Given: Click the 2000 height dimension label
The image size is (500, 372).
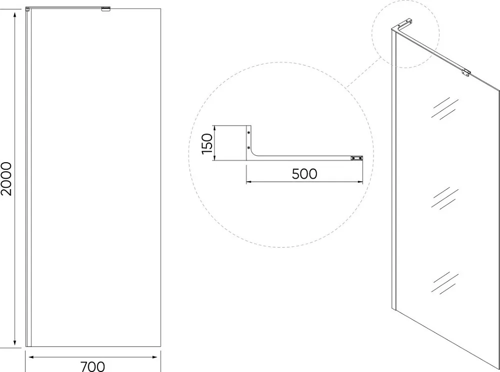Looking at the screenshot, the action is [x=6, y=179].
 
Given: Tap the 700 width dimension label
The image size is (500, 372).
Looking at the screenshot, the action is [x=92, y=366].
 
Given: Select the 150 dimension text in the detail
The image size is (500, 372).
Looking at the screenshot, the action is [x=207, y=144].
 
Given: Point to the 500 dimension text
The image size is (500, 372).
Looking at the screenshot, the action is [x=304, y=174].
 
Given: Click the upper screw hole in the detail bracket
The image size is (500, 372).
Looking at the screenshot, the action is [x=248, y=132].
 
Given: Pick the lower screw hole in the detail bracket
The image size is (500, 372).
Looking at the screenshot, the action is [x=248, y=148].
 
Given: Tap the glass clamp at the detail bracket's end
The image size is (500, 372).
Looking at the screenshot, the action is [x=357, y=158].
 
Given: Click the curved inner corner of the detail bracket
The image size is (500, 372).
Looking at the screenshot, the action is [x=254, y=153].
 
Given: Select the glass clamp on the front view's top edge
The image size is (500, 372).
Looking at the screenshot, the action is [x=106, y=9].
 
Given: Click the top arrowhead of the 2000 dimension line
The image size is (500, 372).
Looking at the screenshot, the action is [x=14, y=15].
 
